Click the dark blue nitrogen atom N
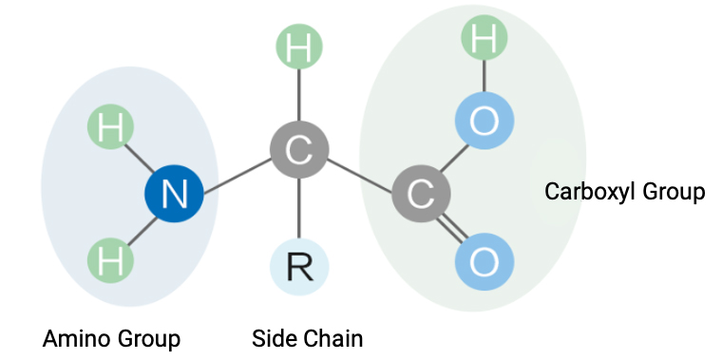click(174, 194)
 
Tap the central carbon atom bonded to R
click(299, 150)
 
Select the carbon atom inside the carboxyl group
click(421, 194)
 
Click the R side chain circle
click(299, 267)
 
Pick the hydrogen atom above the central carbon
click(299, 47)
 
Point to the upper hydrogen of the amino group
click(110, 126)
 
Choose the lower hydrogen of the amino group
click(110, 260)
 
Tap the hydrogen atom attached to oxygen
click(484, 38)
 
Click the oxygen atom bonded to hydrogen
click(484, 121)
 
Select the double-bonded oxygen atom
click(484, 261)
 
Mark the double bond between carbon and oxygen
click(452, 227)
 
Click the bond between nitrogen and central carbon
click(237, 176)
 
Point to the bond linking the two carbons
click(360, 176)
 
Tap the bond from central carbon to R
click(299, 208)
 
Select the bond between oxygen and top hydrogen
click(484, 76)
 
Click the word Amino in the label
click(77, 339)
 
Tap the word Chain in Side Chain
click(333, 339)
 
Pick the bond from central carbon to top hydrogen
click(299, 95)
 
